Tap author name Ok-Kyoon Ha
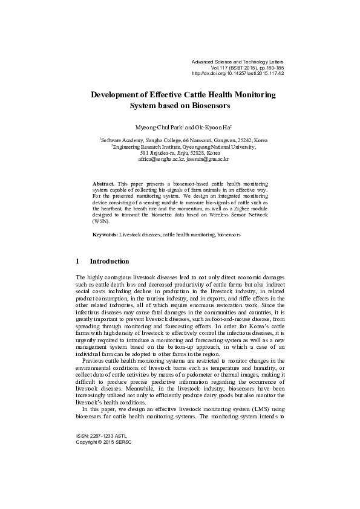pos(210,129)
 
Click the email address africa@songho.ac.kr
pos(158,159)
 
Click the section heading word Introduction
pos(109,262)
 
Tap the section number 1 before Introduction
pos(77,262)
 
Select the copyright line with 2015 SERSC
pos(103,442)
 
